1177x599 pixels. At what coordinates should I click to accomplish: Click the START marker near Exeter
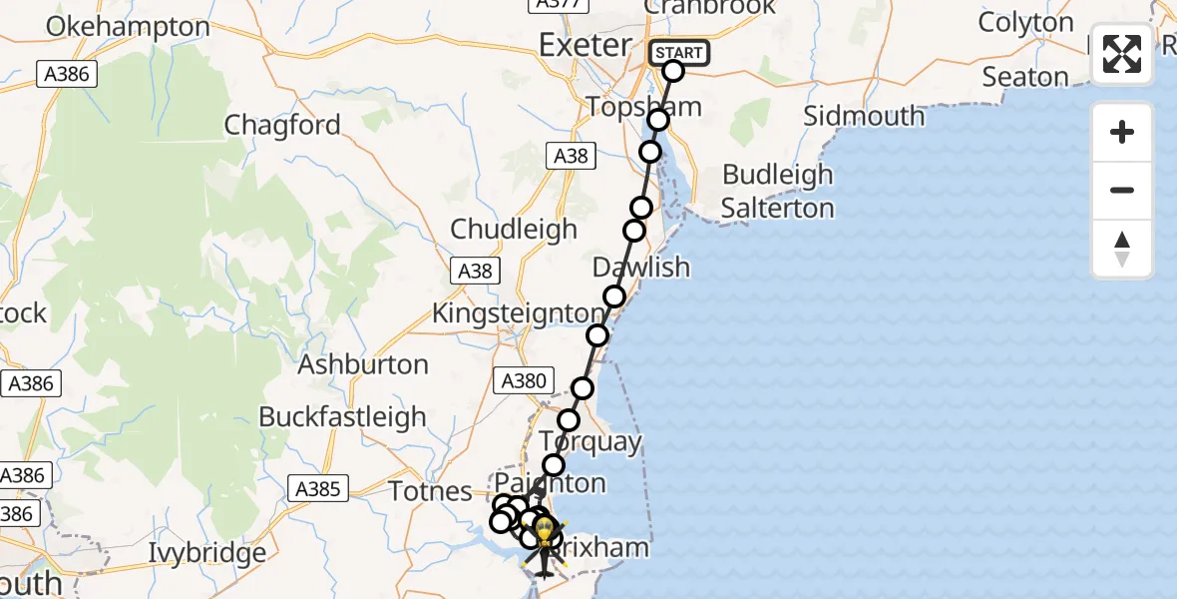pyautogui.click(x=679, y=53)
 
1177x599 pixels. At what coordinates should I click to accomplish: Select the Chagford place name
pyautogui.click(x=282, y=126)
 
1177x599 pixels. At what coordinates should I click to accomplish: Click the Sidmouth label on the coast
pyautogui.click(x=864, y=116)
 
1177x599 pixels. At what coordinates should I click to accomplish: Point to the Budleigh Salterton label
pyautogui.click(x=778, y=192)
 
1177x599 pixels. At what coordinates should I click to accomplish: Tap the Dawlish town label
pyautogui.click(x=641, y=268)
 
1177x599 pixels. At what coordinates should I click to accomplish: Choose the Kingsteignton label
pyautogui.click(x=518, y=313)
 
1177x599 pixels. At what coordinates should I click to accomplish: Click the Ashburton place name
pyautogui.click(x=363, y=364)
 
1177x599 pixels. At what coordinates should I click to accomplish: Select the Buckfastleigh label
pyautogui.click(x=342, y=417)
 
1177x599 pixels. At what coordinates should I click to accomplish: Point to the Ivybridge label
pyautogui.click(x=207, y=552)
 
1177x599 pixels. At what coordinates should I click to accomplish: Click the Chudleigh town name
pyautogui.click(x=514, y=229)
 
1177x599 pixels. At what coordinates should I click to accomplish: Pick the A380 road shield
pyautogui.click(x=523, y=379)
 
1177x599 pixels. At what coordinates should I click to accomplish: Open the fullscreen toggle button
pyautogui.click(x=1122, y=54)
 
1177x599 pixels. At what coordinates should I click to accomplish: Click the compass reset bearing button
pyautogui.click(x=1122, y=249)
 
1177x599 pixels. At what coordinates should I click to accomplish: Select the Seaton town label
pyautogui.click(x=1025, y=77)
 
